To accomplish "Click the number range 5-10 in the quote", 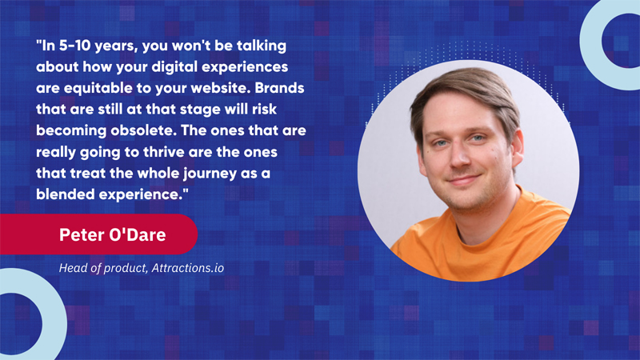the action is tap(74, 46).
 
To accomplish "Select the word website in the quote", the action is tap(219, 88).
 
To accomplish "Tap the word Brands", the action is tap(279, 88).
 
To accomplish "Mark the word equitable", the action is tap(98, 89).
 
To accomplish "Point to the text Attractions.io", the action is tap(188, 268).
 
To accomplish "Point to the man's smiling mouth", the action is tap(462, 179).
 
